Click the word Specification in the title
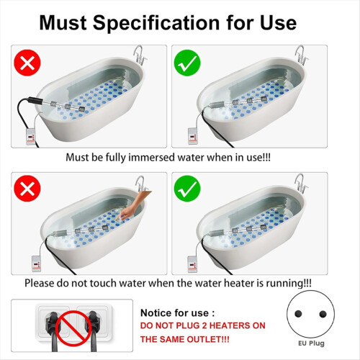point(156,24)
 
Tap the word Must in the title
point(63,23)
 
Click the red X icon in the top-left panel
point(27,63)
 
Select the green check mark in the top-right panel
point(187,63)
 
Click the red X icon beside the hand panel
point(27,189)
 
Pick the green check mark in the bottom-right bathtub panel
point(187,189)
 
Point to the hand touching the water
point(133,204)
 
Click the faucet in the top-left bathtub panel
point(140,55)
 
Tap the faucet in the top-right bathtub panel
point(301,55)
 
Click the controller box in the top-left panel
point(31,137)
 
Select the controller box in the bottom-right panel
point(192,264)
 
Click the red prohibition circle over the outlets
point(73,328)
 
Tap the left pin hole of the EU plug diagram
point(298,313)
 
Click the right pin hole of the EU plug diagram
point(323,314)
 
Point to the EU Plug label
point(311,343)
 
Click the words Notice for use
point(174,313)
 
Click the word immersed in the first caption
point(152,158)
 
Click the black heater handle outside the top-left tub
point(36,100)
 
